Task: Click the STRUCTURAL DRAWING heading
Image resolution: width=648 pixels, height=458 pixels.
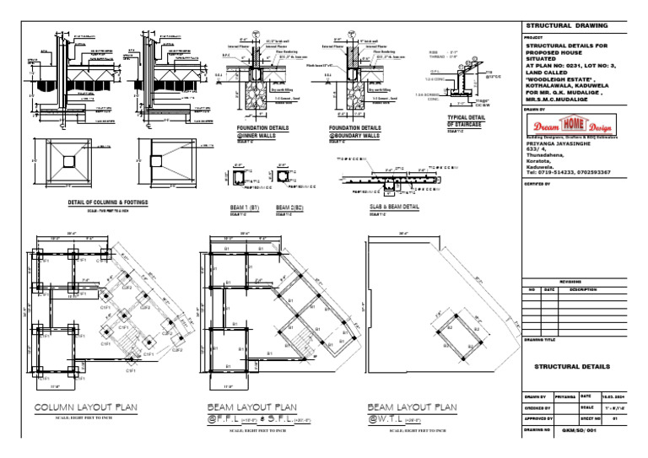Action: click(x=566, y=26)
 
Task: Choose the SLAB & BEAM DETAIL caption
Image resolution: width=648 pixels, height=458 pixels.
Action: click(x=395, y=207)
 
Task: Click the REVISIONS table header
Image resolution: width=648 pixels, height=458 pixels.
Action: click(x=570, y=282)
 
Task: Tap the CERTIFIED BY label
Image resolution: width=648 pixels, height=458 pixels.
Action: click(x=537, y=183)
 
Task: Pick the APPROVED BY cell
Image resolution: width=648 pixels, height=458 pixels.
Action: click(x=538, y=418)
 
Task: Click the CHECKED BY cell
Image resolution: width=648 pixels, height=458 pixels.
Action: click(x=538, y=407)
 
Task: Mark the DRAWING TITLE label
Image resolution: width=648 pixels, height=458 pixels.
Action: click(x=540, y=340)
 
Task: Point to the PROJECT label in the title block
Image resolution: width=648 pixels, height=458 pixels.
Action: click(x=533, y=38)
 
